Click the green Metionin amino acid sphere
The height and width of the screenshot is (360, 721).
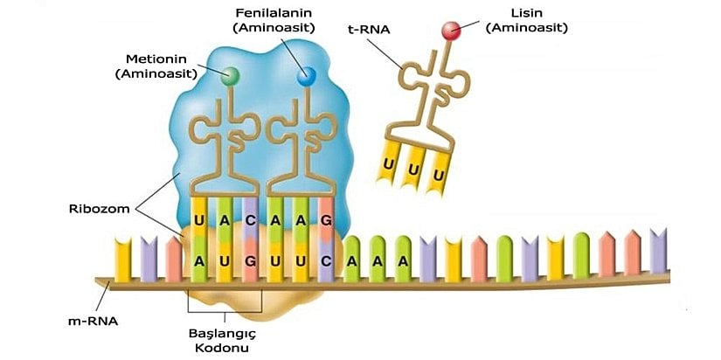pos(231,77)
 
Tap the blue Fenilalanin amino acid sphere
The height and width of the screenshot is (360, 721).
pos(306,77)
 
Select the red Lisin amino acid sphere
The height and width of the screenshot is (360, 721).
pos(451,32)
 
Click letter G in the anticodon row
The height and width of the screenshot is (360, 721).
pos(326,221)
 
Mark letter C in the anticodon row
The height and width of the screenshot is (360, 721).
pos(251,221)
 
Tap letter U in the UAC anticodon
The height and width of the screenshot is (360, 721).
pos(200,221)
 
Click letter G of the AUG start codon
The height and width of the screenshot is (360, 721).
pos(251,260)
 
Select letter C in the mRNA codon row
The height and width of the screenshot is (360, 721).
pos(326,260)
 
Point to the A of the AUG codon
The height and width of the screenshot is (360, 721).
pos(200,260)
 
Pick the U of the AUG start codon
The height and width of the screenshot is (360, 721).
pos(225,260)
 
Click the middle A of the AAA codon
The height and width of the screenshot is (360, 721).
pos(378,260)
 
